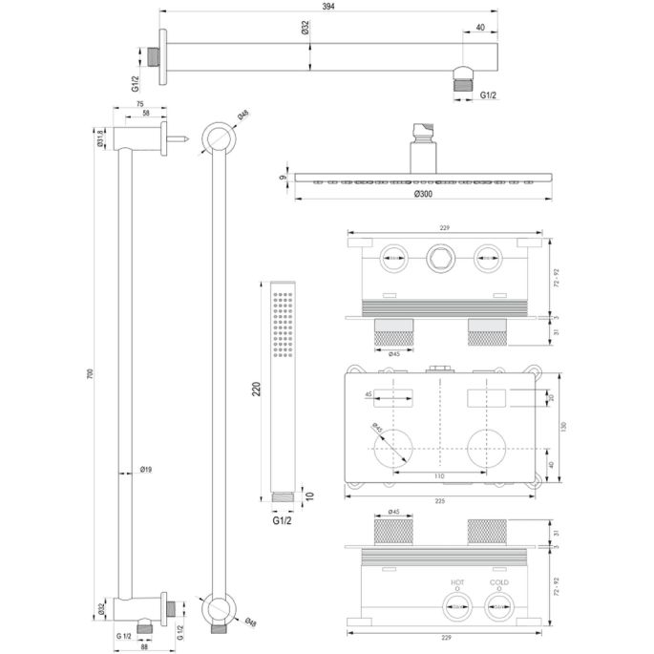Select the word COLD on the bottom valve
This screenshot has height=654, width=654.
(x=498, y=582)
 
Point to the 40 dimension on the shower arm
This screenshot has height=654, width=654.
(x=479, y=28)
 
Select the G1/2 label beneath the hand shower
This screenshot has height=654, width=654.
(x=280, y=520)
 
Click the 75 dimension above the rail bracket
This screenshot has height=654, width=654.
(x=138, y=104)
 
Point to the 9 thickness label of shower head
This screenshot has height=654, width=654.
(x=284, y=176)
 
